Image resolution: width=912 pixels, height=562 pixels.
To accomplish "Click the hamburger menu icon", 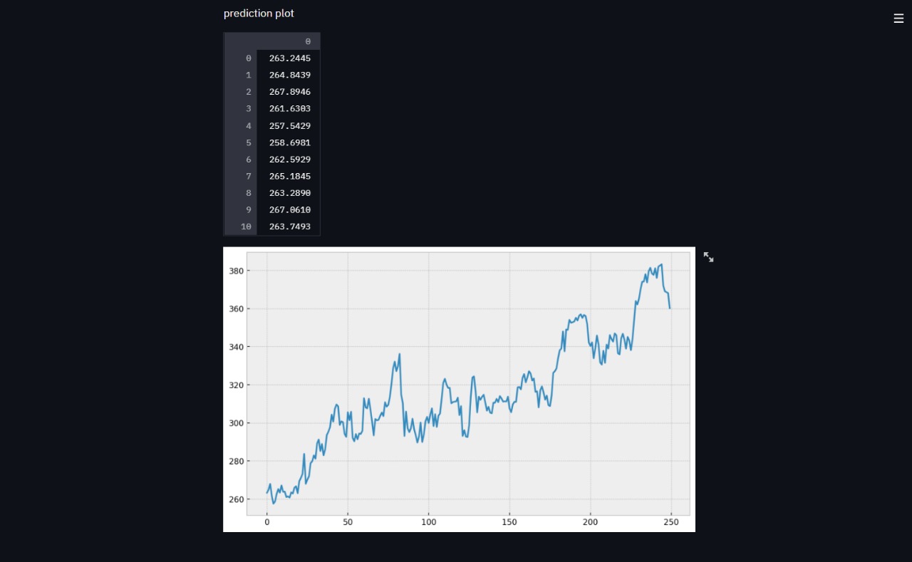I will pos(898,19).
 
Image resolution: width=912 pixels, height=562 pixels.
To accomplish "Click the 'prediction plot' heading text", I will pos(259,14).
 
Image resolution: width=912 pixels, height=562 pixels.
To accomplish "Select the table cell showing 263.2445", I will pos(289,58).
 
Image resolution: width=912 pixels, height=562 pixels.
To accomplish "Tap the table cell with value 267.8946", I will pos(289,92).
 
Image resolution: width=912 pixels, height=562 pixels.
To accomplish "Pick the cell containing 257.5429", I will pos(289,126).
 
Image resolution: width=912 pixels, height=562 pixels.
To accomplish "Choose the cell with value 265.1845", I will pos(289,177).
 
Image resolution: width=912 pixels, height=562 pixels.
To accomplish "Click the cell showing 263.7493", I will pos(289,227).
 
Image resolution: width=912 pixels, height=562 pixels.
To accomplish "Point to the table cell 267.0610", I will pos(289,210).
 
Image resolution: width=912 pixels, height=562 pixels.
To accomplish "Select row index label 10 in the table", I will pos(246,227).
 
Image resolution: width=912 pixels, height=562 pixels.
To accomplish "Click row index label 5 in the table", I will pos(248,142).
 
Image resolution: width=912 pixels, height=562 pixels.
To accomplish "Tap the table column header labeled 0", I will pos(307,41).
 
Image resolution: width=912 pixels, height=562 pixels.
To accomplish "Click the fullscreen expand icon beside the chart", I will pos(708,257).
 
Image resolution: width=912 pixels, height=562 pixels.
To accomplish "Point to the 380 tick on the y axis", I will pos(237,271).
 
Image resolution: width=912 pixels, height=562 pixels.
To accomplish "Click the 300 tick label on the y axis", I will pos(237,423).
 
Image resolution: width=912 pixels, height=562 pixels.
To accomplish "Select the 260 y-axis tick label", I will pos(237,499).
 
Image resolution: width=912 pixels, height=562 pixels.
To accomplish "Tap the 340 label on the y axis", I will pos(237,347).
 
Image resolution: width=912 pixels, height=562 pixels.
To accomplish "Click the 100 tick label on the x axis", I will pos(428,522).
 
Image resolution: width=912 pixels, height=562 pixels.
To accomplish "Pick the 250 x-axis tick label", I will pos(671,522).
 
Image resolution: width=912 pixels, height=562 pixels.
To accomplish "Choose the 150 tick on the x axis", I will pos(509,522).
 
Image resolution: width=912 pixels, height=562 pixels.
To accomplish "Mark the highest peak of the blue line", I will pos(662,264).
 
